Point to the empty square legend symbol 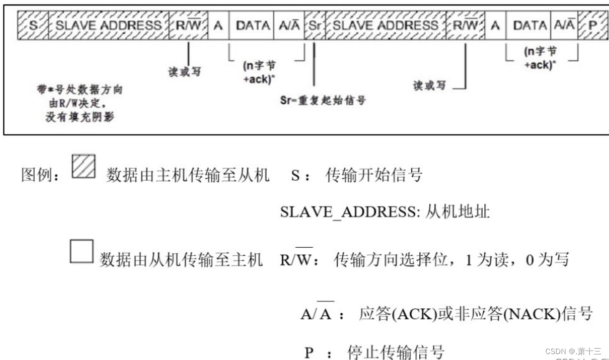click(x=81, y=252)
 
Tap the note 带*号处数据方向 click(x=76, y=90)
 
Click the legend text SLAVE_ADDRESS click(x=347, y=214)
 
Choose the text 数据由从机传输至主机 click(x=181, y=259)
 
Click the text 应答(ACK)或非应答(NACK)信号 click(x=475, y=314)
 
